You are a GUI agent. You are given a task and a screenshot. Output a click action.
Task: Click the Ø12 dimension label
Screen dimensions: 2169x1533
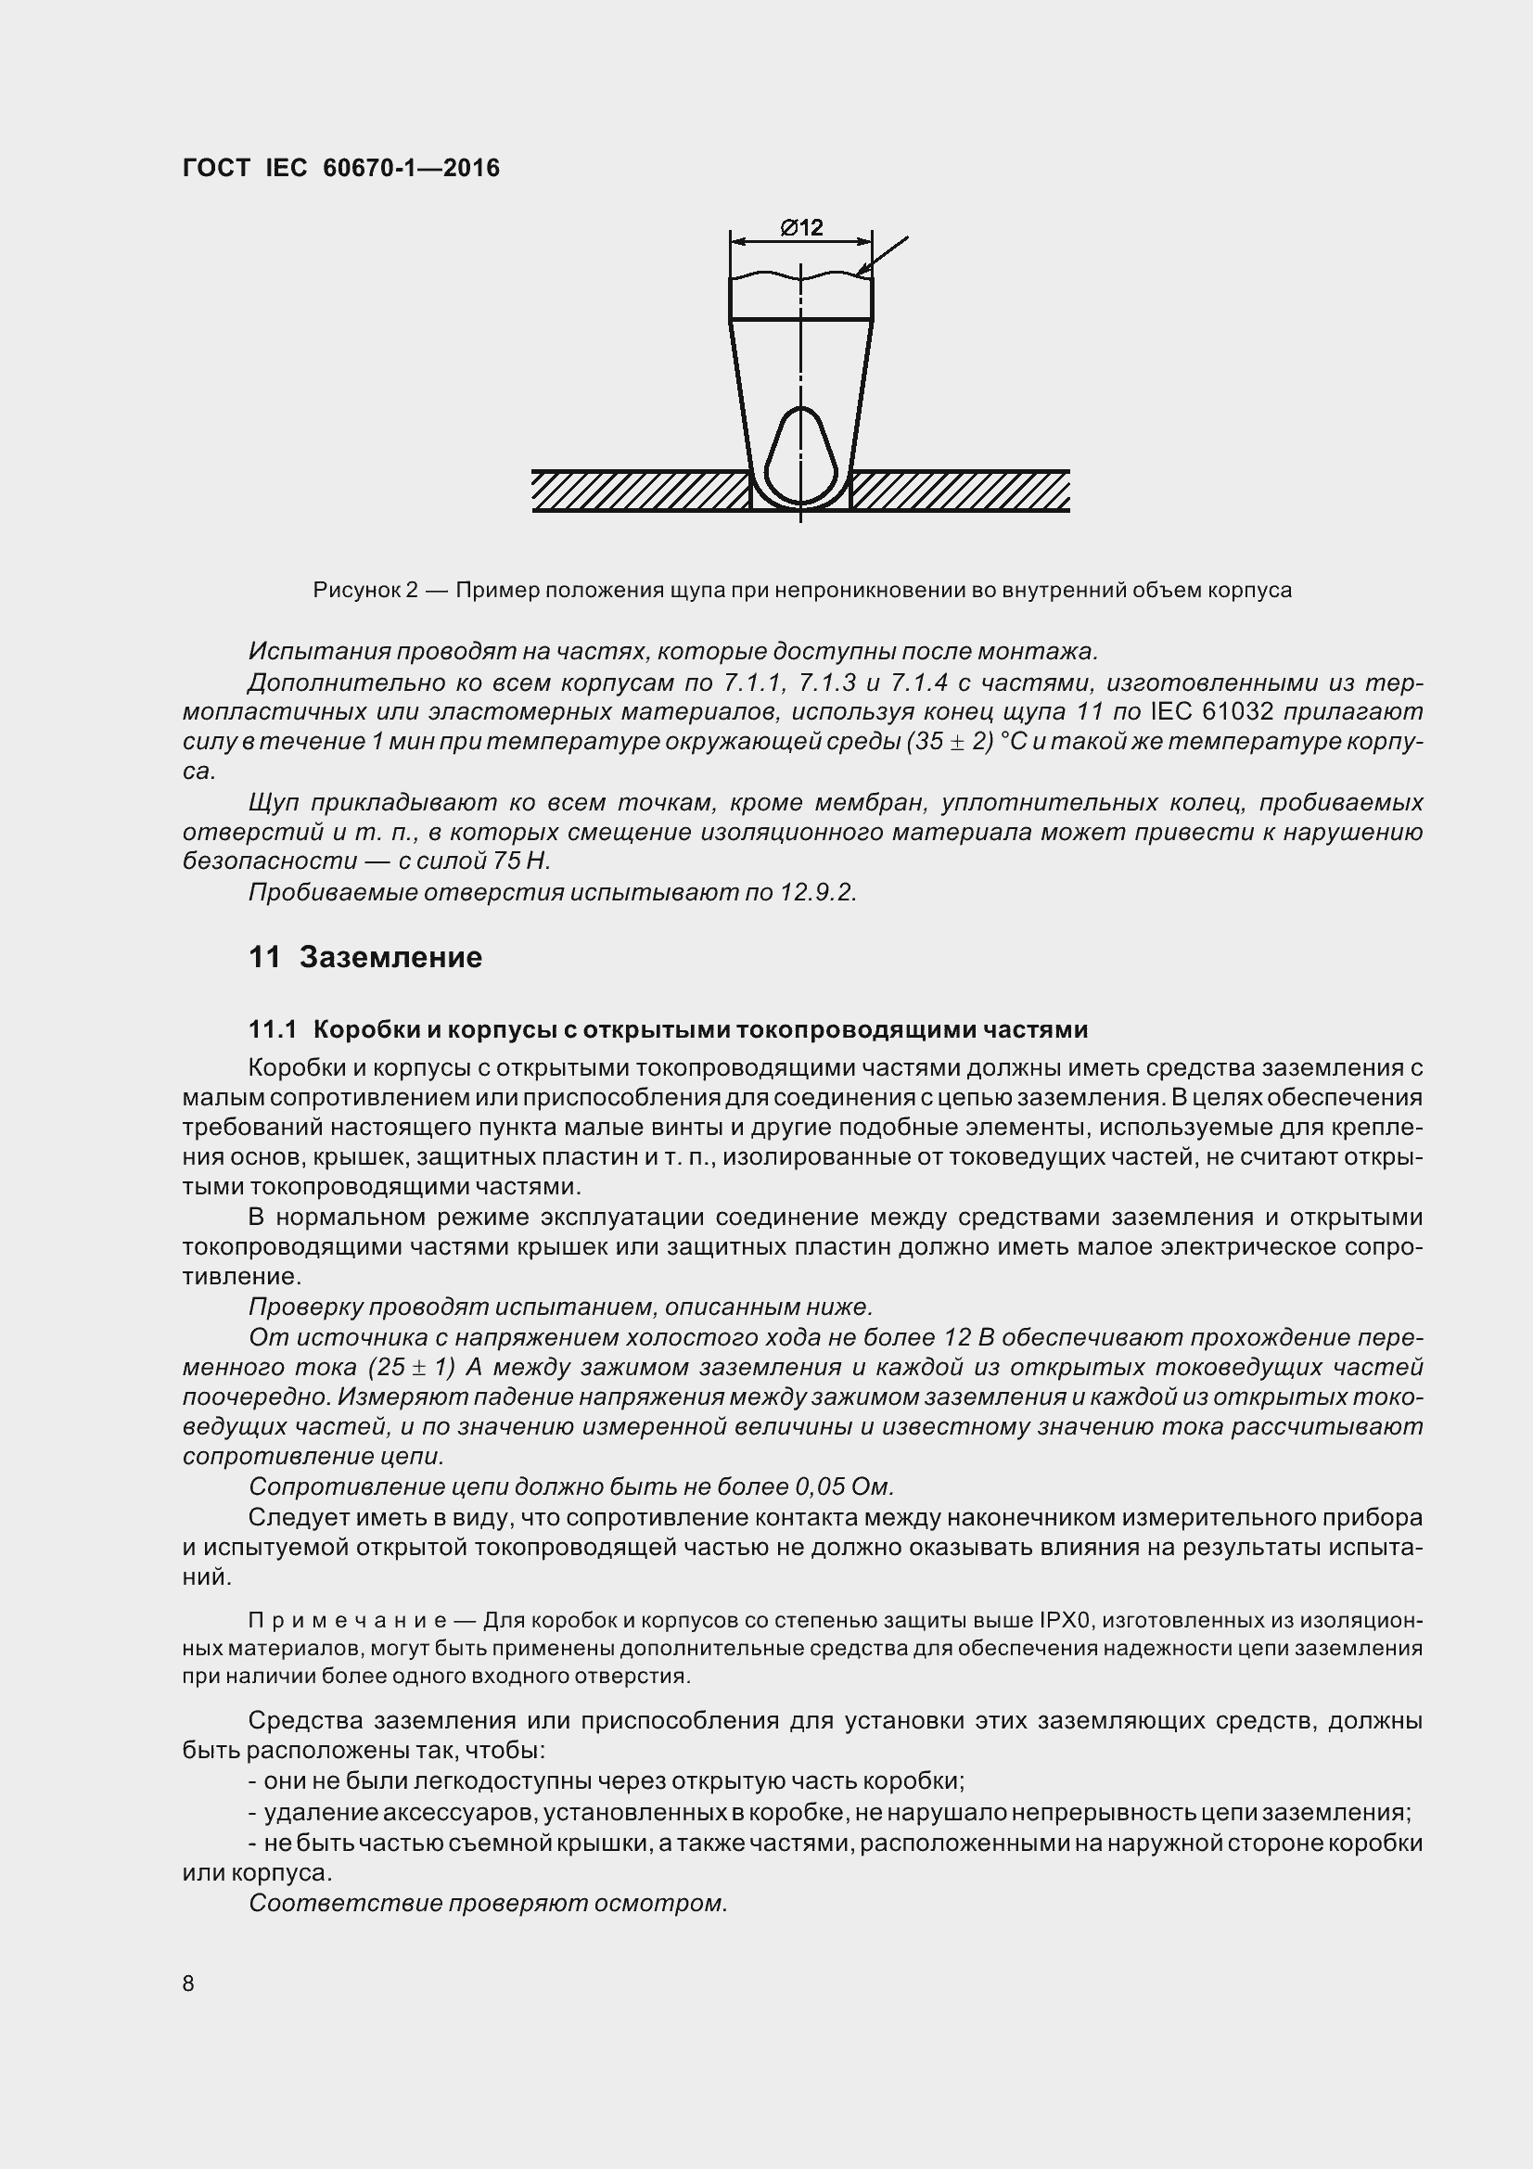pyautogui.click(x=801, y=228)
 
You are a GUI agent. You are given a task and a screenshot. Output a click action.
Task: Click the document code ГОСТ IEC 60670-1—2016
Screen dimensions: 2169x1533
pyautogui.click(x=341, y=168)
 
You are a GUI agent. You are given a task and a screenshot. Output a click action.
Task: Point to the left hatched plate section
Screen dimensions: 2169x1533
pyautogui.click(x=641, y=491)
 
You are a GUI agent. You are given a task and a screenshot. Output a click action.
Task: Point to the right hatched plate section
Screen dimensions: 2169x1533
pyautogui.click(x=960, y=491)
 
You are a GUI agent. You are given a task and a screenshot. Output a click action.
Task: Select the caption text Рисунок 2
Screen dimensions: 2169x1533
pyautogui.click(x=365, y=591)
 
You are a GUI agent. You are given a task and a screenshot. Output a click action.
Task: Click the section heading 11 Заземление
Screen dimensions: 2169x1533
pyautogui.click(x=364, y=957)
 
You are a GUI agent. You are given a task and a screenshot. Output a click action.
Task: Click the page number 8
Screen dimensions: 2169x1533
pyautogui.click(x=188, y=1984)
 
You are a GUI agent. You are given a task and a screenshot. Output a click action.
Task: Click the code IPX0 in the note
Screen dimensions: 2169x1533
pyautogui.click(x=1066, y=1621)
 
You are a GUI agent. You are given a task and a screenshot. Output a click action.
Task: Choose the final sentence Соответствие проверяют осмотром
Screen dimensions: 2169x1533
pyautogui.click(x=488, y=1904)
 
